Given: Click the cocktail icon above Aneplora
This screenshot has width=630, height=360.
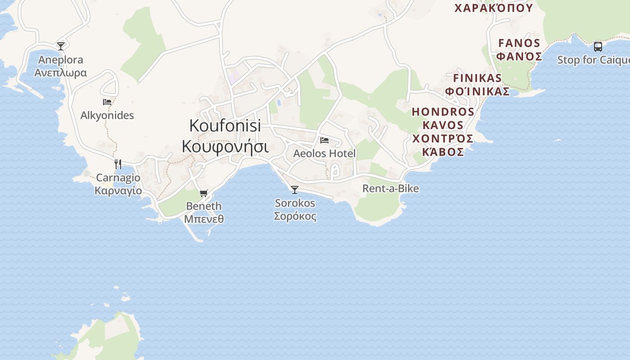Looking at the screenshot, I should pos(61,46).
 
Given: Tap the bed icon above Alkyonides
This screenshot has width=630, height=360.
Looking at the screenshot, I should pos(107,102).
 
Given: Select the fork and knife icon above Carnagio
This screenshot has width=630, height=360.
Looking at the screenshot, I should pos(118,164).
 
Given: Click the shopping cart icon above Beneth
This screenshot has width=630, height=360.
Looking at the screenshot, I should pos(204,193).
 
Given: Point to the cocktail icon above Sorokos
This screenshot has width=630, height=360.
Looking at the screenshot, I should pos(295,190).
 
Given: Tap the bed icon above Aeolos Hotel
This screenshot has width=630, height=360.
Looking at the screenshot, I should pos(324,140).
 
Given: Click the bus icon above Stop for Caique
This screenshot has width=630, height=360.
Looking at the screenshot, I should pos(598,46).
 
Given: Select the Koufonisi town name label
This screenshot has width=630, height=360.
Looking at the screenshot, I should pos(225,126).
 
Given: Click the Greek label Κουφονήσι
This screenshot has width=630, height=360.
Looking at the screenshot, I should pos(225,146).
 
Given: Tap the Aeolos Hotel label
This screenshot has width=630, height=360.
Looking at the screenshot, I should pos(324,153).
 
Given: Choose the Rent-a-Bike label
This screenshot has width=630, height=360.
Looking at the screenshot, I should pos(391,189).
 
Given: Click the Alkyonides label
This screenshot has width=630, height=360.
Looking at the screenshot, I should pos(107,115).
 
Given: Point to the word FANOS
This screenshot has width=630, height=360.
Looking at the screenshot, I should pos(519,43).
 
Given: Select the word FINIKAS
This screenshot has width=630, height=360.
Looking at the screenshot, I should pos(477,78).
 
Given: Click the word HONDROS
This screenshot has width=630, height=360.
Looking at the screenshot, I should pos(443,112).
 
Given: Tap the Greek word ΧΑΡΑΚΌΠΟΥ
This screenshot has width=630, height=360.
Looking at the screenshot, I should pos(494,8).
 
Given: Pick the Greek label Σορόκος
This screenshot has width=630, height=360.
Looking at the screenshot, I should pos(295,216).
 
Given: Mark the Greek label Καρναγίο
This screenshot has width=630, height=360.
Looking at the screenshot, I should pos(118,190).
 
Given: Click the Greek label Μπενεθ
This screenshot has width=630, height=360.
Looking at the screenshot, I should pos(204,219).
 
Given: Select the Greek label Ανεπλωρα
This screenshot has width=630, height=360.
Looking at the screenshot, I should pos(61,72).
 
